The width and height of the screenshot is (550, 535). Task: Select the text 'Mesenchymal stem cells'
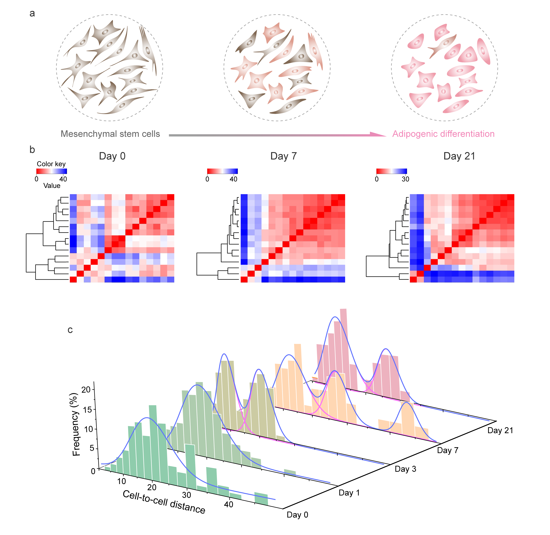click(x=110, y=134)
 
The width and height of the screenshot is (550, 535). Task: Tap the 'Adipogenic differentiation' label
click(x=443, y=134)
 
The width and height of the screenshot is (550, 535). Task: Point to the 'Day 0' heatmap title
click(x=112, y=156)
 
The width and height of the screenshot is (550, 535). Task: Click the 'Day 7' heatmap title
click(x=283, y=156)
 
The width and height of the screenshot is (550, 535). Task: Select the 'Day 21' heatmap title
click(x=459, y=156)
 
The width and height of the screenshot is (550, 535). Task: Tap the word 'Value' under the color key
click(x=52, y=186)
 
